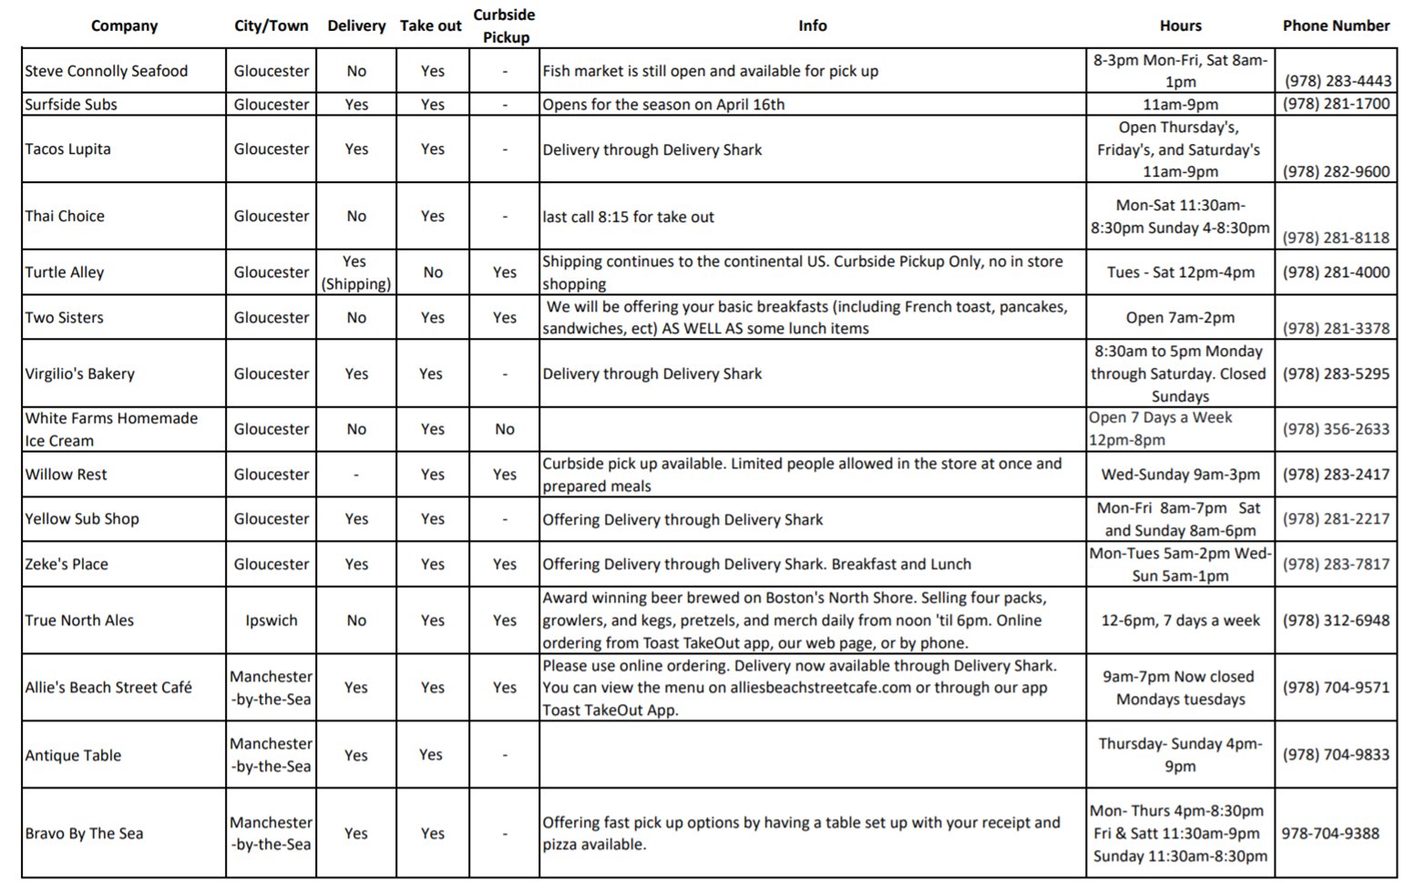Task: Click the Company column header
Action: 124,26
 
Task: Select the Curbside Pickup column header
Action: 505,26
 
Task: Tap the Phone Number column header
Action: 1336,26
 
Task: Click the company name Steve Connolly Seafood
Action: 106,71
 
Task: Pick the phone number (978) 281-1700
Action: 1336,104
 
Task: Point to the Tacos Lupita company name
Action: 67,148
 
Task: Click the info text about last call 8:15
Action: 628,217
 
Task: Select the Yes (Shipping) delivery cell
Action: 355,272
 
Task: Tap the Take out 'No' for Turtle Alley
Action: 433,272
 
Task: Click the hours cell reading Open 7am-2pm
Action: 1180,318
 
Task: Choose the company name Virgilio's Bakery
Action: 79,373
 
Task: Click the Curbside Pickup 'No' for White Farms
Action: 505,429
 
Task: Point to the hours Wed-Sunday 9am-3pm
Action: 1180,475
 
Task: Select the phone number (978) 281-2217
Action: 1336,518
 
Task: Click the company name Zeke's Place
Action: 66,564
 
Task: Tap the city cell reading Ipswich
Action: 271,620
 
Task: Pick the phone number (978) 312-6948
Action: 1336,620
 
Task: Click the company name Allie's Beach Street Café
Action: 108,688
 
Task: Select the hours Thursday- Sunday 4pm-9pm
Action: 1180,755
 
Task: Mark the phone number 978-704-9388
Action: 1330,833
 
